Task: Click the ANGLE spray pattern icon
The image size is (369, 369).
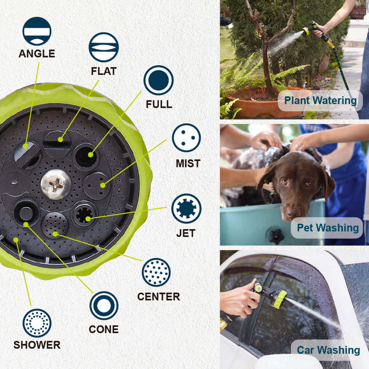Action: pos(37,31)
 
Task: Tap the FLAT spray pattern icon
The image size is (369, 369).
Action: pos(104,47)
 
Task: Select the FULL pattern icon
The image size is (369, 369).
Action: pos(159,80)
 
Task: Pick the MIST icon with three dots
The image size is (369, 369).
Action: pos(187,138)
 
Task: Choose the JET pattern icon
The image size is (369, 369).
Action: pos(187,208)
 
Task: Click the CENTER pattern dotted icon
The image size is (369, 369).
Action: pos(156,272)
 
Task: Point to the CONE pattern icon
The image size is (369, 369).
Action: pos(104,306)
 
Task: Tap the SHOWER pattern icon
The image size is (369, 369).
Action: pos(37,323)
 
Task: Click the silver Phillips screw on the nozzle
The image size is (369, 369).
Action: pos(56,184)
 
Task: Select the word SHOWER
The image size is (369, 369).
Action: pos(37,345)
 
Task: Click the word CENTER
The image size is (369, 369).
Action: pos(159,297)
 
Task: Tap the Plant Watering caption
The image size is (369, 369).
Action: pos(320,100)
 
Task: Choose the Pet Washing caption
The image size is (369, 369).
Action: pos(328,228)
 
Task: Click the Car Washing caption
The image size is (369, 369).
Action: pos(328,350)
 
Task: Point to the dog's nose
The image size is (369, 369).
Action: pos(292,212)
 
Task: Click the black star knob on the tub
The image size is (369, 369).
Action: pos(276,237)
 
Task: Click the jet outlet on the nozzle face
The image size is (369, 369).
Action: pos(84,214)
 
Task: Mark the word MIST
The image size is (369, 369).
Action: pos(188,164)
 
